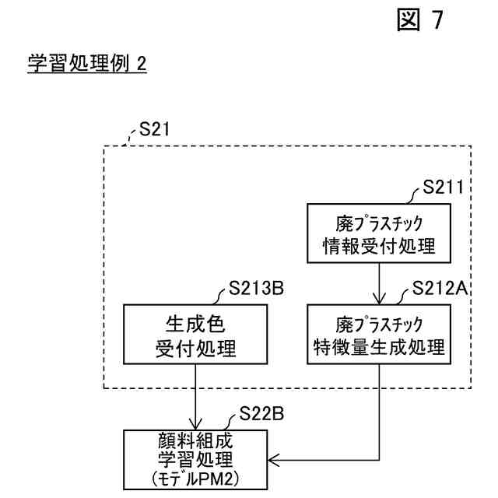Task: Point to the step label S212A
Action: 439,289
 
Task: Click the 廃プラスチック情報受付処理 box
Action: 378,234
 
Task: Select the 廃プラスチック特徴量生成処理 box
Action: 378,335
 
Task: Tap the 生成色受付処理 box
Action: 190,335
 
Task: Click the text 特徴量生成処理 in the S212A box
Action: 378,347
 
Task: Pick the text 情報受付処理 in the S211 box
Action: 378,247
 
